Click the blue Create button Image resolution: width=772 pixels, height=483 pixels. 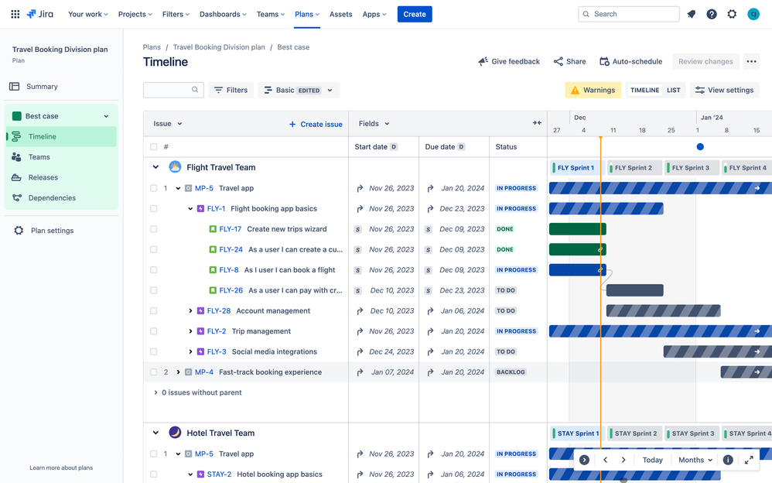pos(415,14)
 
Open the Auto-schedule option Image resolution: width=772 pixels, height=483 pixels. pos(630,61)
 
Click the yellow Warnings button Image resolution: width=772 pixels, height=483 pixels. pos(593,90)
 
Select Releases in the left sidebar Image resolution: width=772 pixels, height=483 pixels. pos(43,177)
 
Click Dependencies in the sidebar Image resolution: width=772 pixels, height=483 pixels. pos(52,197)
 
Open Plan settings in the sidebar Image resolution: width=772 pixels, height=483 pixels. pos(52,231)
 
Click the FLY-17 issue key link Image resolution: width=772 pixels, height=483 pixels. pos(230,229)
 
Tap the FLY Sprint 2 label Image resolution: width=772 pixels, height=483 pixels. pos(634,167)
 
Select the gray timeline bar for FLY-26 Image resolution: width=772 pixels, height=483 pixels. pos(634,290)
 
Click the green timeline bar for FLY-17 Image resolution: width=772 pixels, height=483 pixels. pos(576,229)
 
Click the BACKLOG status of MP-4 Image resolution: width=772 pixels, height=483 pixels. pos(511,372)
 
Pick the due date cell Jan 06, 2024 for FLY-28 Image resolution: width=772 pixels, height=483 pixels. pos(462,310)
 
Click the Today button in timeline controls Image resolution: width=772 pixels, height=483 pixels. pos(652,460)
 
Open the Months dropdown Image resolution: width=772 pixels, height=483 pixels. pos(695,460)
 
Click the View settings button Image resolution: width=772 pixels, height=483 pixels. pos(723,90)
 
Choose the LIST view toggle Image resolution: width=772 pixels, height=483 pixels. pos(674,90)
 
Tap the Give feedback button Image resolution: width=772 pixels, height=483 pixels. pos(509,61)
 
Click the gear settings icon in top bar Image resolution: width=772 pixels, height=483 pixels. pos(732,14)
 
